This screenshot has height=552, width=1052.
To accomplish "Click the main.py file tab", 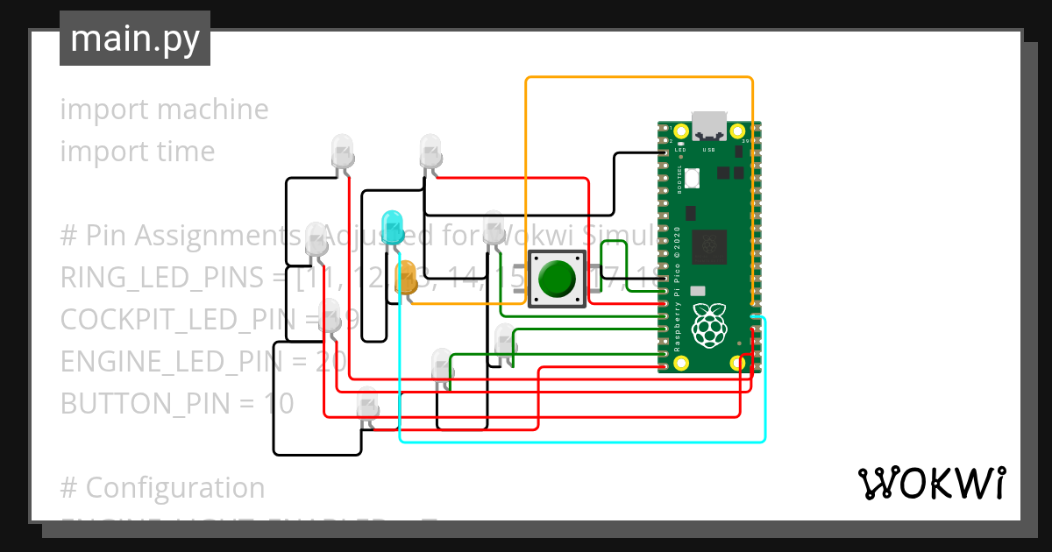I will pyautogui.click(x=134, y=39).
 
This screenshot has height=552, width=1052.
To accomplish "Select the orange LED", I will pyautogui.click(x=406, y=276).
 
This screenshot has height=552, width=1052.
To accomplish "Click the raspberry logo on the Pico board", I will pyautogui.click(x=709, y=325).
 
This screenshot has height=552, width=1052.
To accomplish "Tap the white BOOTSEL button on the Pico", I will pyautogui.click(x=693, y=178).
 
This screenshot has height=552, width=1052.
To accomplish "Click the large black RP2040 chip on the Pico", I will pyautogui.click(x=709, y=247).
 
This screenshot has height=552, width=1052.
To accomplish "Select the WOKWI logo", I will pyautogui.click(x=930, y=483).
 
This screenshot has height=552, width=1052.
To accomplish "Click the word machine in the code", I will pyautogui.click(x=213, y=110).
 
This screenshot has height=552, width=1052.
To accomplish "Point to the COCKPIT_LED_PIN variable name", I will pyautogui.click(x=182, y=320).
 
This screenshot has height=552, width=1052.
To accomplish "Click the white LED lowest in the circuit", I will pyautogui.click(x=369, y=405).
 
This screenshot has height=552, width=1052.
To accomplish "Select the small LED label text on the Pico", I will pyautogui.click(x=679, y=150).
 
